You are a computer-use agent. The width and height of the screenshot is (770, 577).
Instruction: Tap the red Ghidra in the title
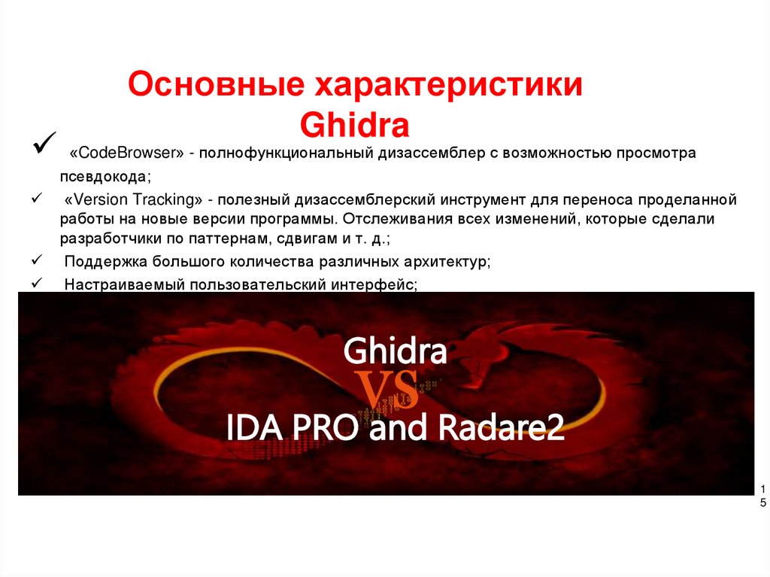[354, 124]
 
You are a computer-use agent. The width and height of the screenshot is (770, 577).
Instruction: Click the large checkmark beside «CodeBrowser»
[44, 140]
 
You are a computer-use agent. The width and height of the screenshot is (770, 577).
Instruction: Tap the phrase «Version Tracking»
[132, 200]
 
